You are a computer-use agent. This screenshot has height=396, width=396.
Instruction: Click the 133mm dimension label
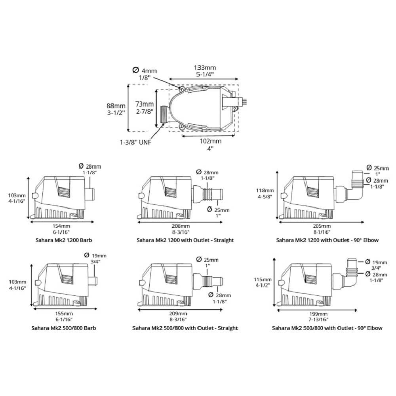(205, 68)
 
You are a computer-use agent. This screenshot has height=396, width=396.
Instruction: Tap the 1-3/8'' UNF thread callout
(135, 142)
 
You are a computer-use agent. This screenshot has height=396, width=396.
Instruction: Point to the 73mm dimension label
(145, 104)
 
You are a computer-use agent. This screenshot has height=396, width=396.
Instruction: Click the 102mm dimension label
(211, 141)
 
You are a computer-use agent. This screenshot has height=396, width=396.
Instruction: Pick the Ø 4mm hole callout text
(145, 70)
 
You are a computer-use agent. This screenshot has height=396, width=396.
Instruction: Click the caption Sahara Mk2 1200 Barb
(64, 240)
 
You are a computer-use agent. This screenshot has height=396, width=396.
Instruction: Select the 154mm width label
(61, 226)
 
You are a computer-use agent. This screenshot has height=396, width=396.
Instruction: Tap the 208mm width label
(180, 226)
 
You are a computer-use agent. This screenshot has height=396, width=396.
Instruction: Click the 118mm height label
(265, 190)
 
